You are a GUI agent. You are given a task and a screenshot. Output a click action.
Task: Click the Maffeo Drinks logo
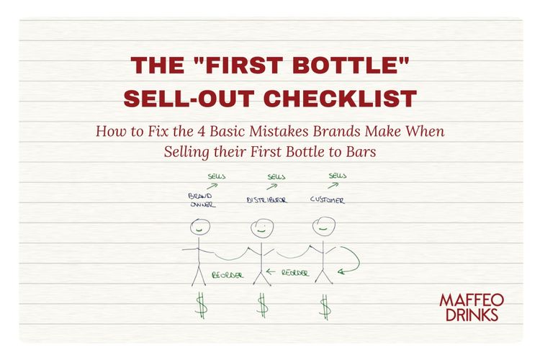(x=472, y=306)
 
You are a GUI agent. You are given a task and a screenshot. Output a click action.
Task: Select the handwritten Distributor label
(x=267, y=199)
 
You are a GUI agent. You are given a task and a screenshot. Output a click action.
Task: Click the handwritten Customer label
(x=327, y=199)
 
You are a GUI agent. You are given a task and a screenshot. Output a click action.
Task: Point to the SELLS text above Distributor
(x=276, y=176)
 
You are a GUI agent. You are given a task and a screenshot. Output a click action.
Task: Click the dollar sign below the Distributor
(x=263, y=305)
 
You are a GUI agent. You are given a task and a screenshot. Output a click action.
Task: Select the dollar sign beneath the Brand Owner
(x=202, y=305)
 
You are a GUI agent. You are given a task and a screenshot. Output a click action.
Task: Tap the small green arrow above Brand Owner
(x=212, y=186)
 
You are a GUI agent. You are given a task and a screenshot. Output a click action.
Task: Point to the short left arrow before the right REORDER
(x=272, y=272)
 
